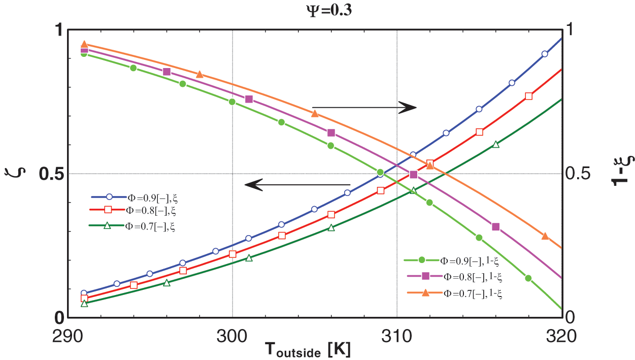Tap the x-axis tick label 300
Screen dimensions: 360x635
[232, 336]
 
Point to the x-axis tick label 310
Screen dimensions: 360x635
[396, 336]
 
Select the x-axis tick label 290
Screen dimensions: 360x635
[68, 336]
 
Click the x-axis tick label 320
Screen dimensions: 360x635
[561, 336]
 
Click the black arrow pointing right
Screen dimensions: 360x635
[364, 107]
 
